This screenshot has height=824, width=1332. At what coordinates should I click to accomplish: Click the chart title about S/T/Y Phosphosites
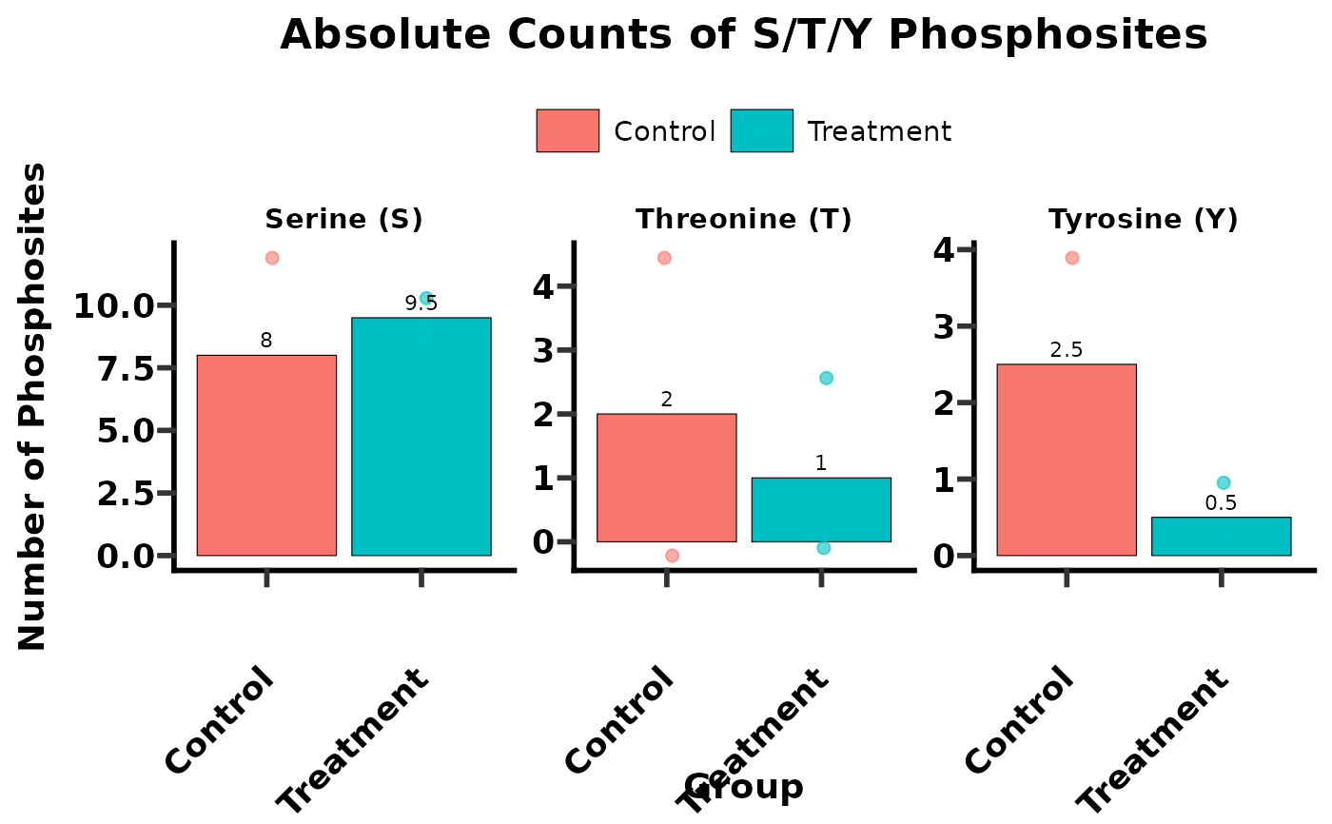coord(743,36)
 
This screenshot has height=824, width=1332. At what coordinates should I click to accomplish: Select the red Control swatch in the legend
coord(567,130)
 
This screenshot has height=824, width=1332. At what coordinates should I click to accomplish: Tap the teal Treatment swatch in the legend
coord(761,130)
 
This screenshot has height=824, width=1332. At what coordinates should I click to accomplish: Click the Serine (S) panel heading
coord(343,220)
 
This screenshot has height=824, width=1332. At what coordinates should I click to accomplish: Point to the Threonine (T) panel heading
coord(743,220)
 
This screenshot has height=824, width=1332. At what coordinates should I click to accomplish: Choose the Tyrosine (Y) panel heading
coord(1143,220)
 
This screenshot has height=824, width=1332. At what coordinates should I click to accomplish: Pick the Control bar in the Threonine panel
coord(666,478)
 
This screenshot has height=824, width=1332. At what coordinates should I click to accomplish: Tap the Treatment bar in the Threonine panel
coord(821,509)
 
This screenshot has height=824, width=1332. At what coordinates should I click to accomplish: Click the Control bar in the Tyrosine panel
coord(1067,460)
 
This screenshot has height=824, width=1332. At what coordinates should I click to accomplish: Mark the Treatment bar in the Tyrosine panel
coord(1221,536)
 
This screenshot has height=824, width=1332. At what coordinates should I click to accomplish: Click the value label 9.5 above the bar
coord(421,304)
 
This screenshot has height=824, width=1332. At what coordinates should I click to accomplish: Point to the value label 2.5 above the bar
coord(1067,350)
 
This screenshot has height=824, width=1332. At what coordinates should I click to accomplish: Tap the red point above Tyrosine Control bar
coord(1072,258)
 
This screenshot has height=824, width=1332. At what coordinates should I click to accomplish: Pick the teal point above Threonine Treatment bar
coord(826,378)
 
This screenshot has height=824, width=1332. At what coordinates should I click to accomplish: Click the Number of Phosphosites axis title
coord(33,407)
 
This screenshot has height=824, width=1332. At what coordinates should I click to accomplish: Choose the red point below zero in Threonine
coord(672,556)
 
